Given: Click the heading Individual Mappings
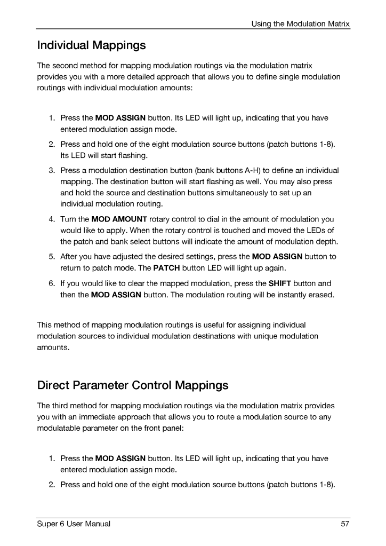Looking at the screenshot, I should pyautogui.click(x=91, y=45).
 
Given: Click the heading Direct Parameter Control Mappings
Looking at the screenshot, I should pyautogui.click(x=133, y=385).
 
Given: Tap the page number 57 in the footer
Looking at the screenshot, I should pyautogui.click(x=345, y=524).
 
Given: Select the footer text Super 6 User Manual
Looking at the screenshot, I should pyautogui.click(x=74, y=524).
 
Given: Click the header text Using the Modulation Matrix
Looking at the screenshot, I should pyautogui.click(x=301, y=24).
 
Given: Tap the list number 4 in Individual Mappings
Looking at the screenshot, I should pyautogui.click(x=52, y=219).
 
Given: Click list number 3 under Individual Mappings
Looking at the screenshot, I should pyautogui.click(x=52, y=170).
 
